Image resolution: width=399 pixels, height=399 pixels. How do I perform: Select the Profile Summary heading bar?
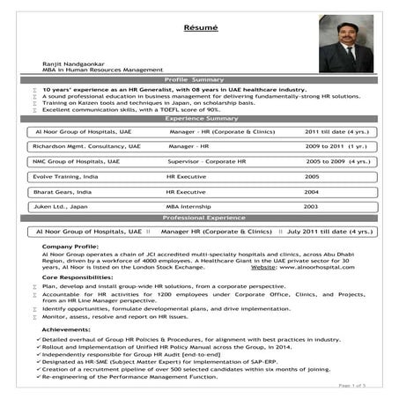coord(200,80)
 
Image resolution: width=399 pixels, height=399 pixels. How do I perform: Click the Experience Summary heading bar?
coord(200,118)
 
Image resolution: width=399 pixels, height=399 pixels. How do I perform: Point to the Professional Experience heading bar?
coord(200,217)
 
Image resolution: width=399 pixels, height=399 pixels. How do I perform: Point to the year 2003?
coord(311,206)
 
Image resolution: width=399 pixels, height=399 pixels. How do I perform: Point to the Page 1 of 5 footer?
coord(356,386)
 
